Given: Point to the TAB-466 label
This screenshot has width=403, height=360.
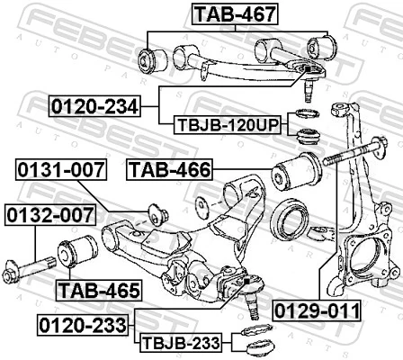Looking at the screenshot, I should pos(169,168).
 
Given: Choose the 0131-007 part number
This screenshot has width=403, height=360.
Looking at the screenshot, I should pos(56,168).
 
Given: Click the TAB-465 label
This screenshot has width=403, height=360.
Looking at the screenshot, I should pos(98,290).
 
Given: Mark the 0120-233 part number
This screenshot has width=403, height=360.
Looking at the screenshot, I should pos(84,321).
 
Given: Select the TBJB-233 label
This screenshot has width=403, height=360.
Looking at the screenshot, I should pos(182,343).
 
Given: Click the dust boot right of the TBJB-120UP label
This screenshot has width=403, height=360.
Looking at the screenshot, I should pos(309,137).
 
